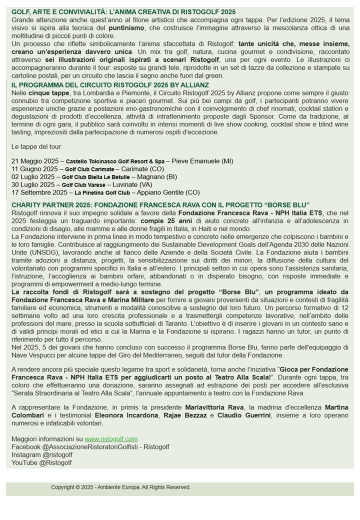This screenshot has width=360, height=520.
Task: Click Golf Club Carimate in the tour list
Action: click(x=89, y=169)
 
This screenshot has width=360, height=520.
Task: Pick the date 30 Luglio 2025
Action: click(x=33, y=185)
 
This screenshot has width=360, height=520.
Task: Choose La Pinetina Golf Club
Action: click(x=102, y=193)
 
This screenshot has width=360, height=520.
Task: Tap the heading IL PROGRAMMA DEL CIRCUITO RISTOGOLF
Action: click(x=110, y=85)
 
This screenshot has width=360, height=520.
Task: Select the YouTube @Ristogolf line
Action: click(x=41, y=463)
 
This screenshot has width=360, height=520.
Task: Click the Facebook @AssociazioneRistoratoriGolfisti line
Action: click(x=90, y=447)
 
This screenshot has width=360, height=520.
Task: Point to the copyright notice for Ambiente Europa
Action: click(x=120, y=487)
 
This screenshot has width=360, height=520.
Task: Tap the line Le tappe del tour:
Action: click(x=37, y=146)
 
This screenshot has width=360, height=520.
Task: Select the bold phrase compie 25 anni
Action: click(x=166, y=221)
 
